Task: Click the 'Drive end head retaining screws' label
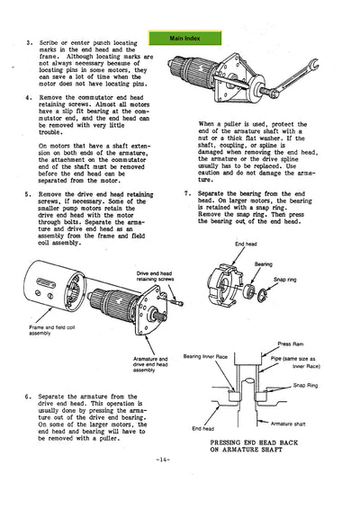click(x=161, y=276)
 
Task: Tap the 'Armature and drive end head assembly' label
click(x=150, y=362)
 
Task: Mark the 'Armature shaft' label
click(x=289, y=422)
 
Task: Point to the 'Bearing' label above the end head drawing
click(x=263, y=264)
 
